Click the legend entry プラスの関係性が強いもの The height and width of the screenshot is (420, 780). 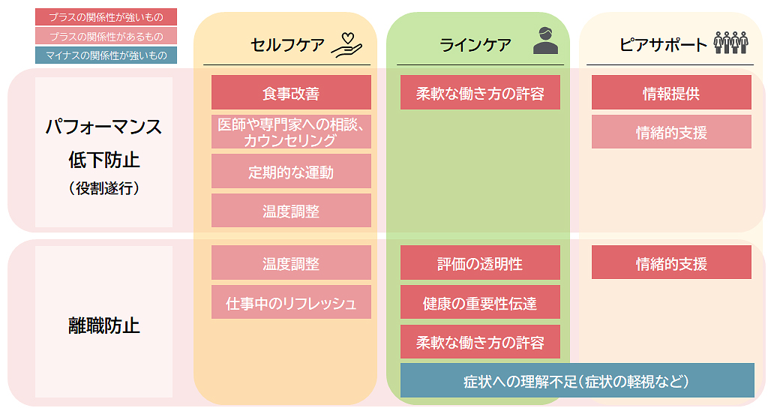105,16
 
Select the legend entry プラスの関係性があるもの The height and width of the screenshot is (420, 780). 105,36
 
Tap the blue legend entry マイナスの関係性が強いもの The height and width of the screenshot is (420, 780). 105,55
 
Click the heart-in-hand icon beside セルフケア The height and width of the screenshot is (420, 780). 347,44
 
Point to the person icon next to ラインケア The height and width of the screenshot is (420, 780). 545,40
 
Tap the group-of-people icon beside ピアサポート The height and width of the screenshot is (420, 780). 730,42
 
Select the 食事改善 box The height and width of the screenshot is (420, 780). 291,93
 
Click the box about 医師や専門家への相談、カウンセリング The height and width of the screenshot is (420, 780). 291,132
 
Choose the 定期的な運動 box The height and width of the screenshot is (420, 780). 291,172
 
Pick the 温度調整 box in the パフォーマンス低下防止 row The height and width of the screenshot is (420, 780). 291,211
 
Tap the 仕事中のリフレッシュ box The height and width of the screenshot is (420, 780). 291,303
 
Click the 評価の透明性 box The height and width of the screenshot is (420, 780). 480,263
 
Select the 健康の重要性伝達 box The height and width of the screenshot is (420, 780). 480,303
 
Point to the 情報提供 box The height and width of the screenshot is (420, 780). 671,93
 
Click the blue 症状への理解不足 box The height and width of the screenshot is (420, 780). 577,380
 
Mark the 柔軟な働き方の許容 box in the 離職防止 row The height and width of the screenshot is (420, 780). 480,342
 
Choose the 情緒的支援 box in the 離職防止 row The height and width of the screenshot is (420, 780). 671,263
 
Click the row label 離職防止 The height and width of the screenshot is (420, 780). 103,325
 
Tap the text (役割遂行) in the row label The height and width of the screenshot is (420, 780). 103,189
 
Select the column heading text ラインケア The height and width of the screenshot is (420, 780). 475,45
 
